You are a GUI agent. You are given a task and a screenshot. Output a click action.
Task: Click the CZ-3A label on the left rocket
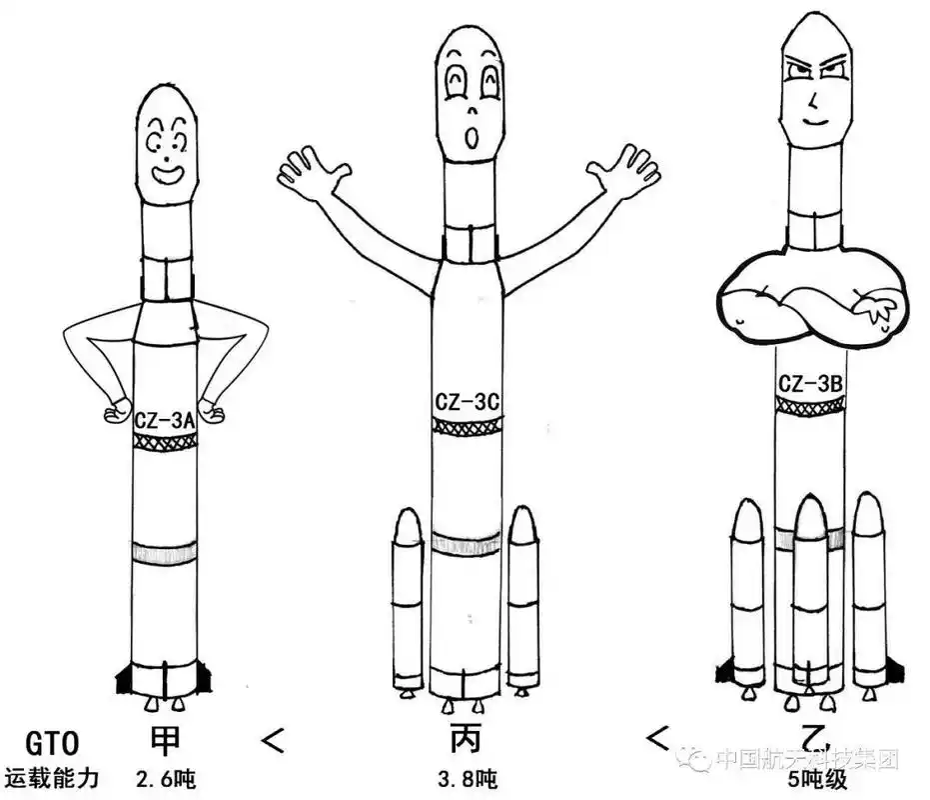pos(164,422)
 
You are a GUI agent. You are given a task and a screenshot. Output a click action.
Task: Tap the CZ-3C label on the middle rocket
pos(465,402)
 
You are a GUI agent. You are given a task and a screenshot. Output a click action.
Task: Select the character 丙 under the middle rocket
pos(466,740)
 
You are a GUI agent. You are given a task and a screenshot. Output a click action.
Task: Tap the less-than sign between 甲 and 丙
pos(272,740)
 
